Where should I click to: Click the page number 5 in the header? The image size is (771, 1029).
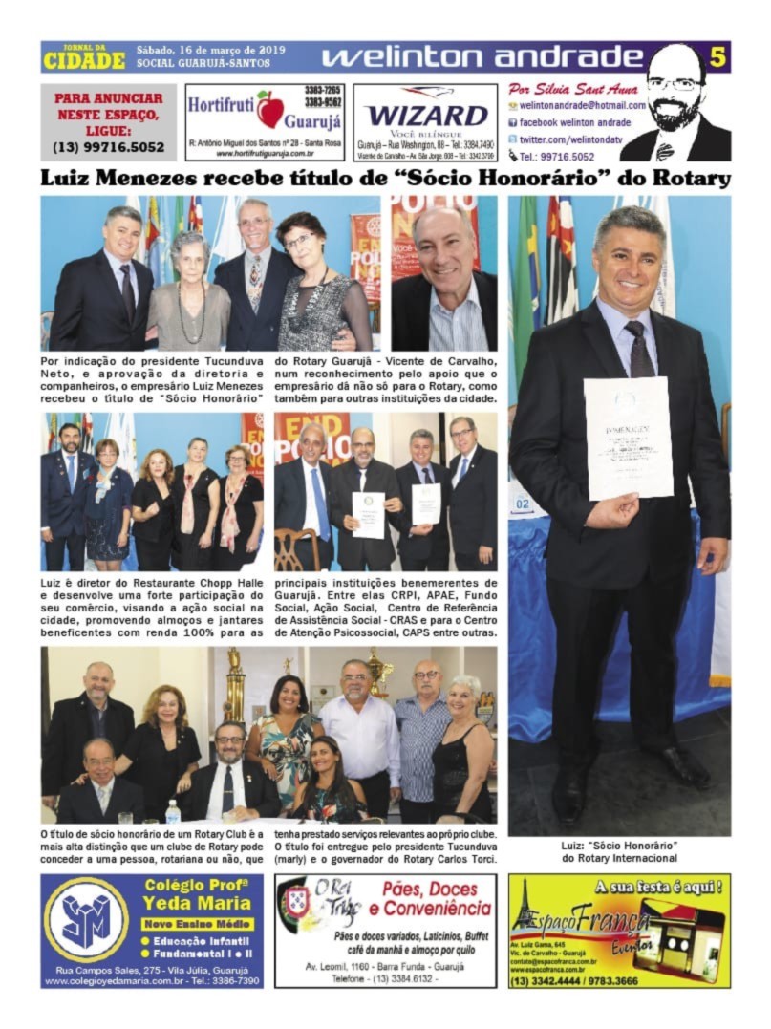[717, 57]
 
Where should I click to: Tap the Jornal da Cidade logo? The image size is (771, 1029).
[84, 56]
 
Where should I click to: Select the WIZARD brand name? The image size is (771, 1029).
[426, 115]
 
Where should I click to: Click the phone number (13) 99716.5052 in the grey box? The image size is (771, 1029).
[109, 147]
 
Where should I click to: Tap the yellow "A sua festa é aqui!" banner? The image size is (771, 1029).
[658, 888]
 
